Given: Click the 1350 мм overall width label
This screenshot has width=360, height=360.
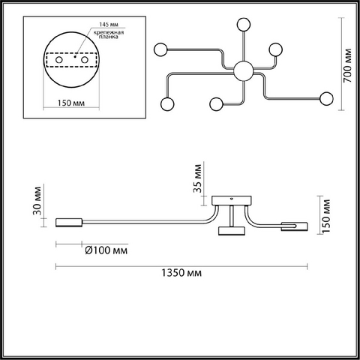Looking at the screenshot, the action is (x=181, y=273).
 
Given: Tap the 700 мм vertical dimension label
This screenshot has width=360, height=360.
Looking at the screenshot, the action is (x=347, y=66).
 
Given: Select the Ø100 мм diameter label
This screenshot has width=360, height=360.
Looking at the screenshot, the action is (x=106, y=250).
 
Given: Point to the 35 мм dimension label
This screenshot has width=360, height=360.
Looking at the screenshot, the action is (x=197, y=178).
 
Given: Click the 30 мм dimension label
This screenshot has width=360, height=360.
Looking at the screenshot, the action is (x=37, y=200).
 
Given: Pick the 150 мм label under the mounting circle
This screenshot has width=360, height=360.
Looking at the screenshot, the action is (x=71, y=103).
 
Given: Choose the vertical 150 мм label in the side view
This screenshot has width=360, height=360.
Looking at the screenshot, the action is (x=325, y=216).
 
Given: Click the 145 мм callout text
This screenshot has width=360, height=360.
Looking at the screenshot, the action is (x=109, y=25).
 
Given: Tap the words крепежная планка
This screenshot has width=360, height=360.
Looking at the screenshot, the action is (x=109, y=34).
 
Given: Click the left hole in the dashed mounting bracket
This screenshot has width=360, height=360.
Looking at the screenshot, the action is (x=59, y=60).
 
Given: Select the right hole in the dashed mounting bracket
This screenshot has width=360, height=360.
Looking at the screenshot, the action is (x=85, y=60).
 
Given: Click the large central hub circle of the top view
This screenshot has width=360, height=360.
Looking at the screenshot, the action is (x=244, y=70).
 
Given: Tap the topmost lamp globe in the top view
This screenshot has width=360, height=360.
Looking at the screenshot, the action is (x=244, y=24).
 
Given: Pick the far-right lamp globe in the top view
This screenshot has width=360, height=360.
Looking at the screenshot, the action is (x=326, y=99).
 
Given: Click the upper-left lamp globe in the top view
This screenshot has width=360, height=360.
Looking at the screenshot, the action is (x=160, y=49).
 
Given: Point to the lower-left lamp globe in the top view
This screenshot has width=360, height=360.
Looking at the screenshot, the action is (x=167, y=104).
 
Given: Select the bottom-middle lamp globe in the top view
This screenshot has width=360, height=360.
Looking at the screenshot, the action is (x=217, y=104).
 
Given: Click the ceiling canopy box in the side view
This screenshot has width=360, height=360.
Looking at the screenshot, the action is (x=232, y=200).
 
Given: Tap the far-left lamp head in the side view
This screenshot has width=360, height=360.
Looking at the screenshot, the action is (x=69, y=223).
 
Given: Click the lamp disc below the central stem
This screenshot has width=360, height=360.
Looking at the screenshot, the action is (x=232, y=231).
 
